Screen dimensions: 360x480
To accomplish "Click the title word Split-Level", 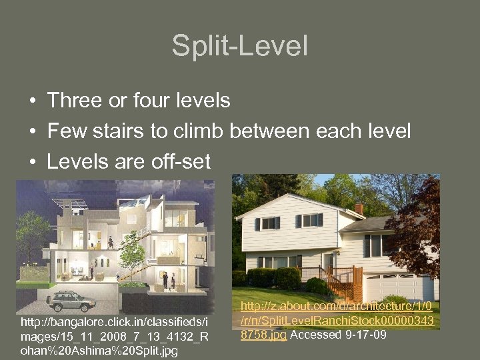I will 240,47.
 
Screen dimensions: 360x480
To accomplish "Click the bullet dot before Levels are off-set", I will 31,163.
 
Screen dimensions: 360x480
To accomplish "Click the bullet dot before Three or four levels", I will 31,101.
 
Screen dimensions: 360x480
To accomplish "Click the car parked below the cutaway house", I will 71,301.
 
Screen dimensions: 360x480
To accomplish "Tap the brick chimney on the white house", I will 359,209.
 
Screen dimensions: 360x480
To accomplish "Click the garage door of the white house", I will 399,285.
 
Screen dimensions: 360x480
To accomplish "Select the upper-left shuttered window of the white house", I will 268,223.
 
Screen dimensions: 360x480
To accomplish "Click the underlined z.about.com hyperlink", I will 336,321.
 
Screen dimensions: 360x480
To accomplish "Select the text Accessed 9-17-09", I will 338,335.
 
